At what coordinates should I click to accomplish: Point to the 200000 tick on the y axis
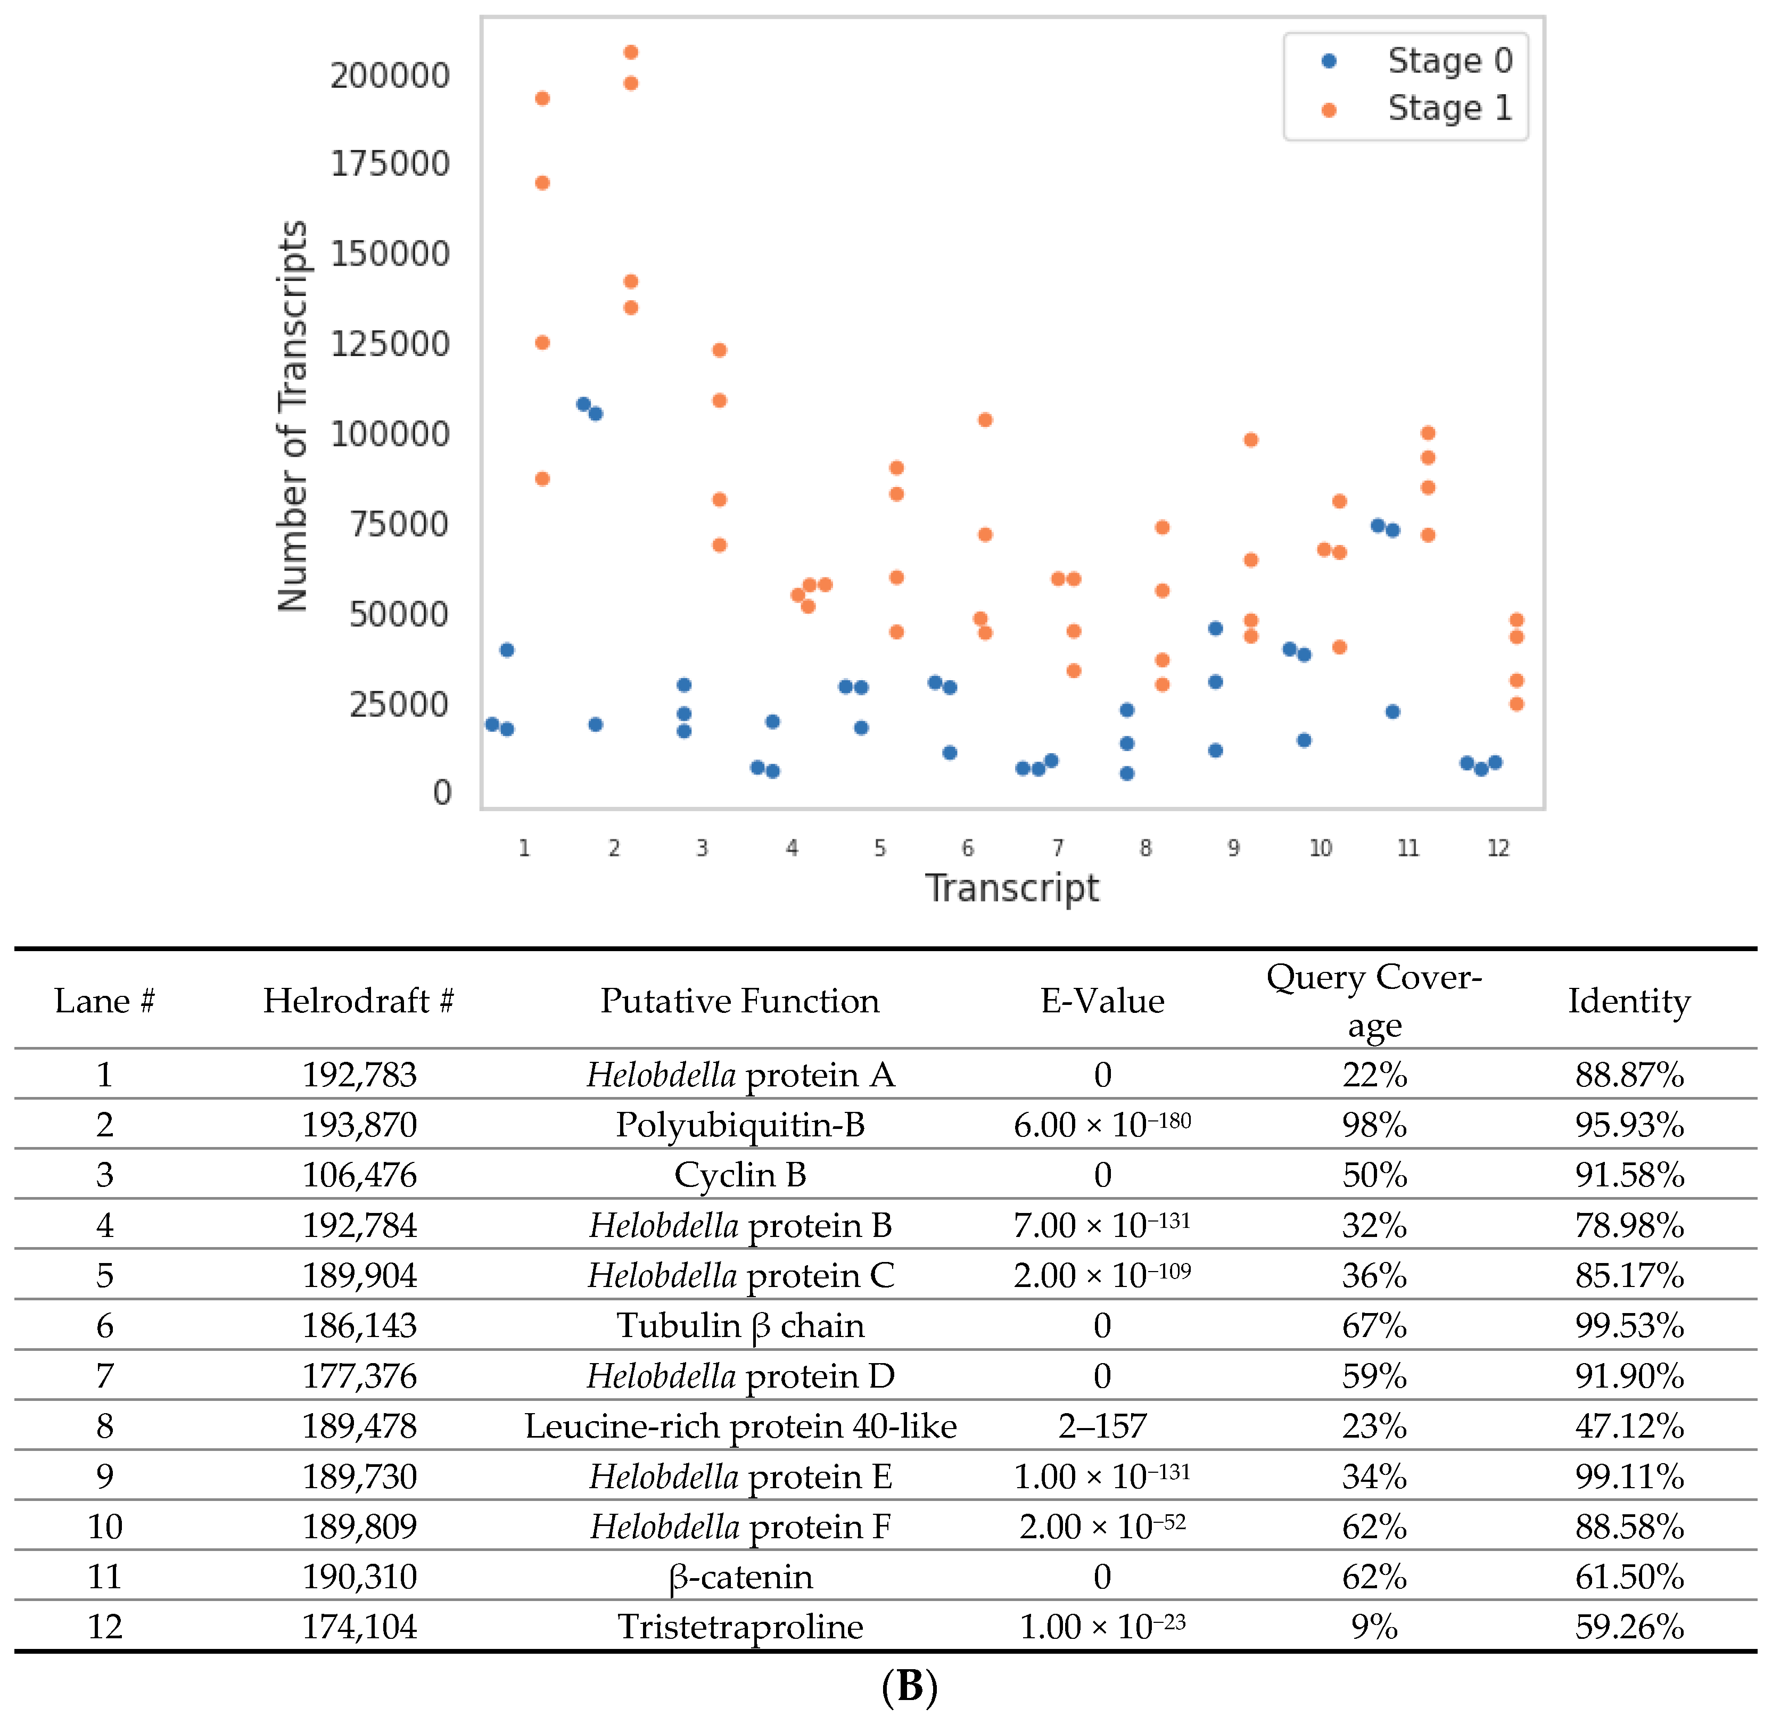390,75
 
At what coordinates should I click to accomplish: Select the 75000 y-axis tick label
399,524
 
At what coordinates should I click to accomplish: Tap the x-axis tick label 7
1057,848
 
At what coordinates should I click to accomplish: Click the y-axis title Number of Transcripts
293,416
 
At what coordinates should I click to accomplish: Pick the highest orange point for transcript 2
631,53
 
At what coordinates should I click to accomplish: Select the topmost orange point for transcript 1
542,98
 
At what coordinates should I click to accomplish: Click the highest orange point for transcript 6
985,419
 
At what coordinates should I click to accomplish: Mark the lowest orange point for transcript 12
1517,704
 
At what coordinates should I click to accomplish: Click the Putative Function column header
739,1001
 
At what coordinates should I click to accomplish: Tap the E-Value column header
1102,1001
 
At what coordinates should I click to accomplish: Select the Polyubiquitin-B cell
739,1125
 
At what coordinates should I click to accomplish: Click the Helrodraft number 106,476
359,1175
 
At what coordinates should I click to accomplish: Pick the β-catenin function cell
739,1577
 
